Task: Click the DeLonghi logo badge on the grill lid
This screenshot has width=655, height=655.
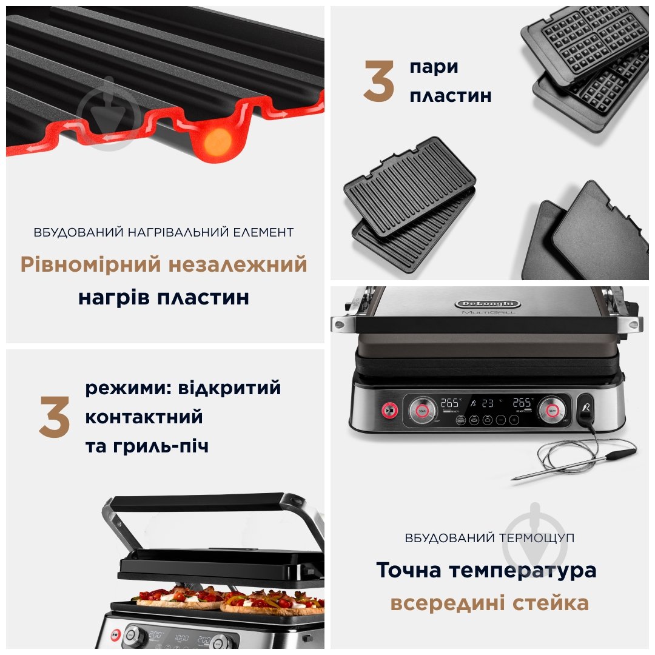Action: pyautogui.click(x=487, y=303)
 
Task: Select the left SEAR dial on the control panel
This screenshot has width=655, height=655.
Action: pyautogui.click(x=423, y=409)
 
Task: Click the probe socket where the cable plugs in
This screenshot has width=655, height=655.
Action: pyautogui.click(x=586, y=411)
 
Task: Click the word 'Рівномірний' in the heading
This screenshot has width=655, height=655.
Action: pyautogui.click(x=90, y=265)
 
